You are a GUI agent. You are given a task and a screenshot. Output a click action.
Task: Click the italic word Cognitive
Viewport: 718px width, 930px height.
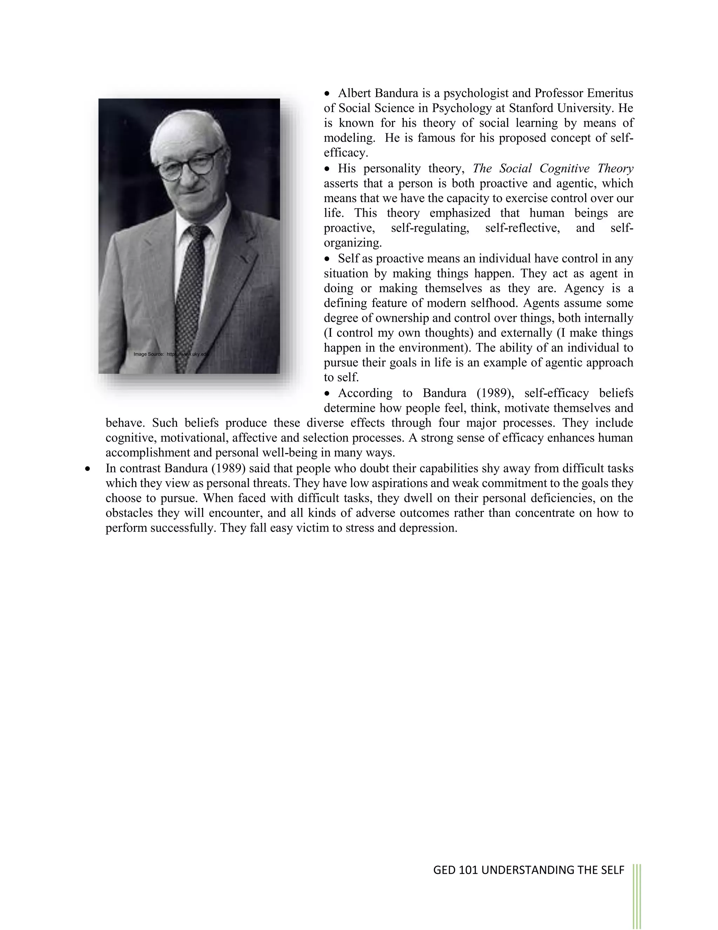point(564,168)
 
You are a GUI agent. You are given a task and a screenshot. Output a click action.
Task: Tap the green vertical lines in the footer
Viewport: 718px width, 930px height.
point(637,894)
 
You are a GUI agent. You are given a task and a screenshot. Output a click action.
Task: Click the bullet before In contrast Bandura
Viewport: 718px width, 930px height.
point(88,469)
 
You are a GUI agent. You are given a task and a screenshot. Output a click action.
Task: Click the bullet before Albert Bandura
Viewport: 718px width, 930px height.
point(327,93)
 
